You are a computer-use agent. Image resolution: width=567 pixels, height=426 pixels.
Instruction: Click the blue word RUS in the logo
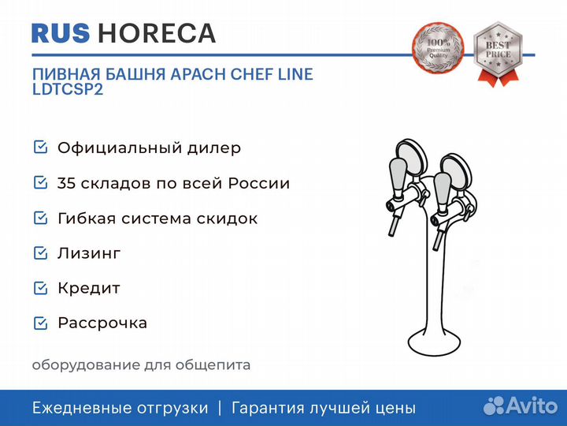coord(61,33)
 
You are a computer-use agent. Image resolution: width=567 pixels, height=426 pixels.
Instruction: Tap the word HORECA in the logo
coord(157,33)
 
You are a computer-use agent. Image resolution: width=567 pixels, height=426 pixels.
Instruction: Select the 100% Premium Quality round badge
coord(438,47)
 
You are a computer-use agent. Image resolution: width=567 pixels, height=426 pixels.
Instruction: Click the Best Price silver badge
coord(498,53)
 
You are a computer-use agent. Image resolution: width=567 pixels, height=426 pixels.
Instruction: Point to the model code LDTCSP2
coord(68,89)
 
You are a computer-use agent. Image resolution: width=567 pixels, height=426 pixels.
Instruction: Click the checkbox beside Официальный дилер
coord(40,147)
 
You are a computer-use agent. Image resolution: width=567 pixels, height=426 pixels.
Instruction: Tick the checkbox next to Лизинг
coord(40,253)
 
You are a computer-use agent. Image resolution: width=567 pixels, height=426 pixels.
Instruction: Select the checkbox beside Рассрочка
coord(40,323)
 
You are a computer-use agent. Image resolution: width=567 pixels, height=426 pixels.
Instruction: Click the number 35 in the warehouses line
coord(66,183)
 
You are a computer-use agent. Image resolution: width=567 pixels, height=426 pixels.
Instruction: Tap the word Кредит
coord(89,289)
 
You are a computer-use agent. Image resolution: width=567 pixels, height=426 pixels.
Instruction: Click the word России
coord(259,183)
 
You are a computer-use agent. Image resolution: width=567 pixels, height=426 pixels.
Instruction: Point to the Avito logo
coord(521,405)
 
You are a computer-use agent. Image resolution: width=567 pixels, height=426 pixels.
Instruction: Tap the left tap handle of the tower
coord(398,177)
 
